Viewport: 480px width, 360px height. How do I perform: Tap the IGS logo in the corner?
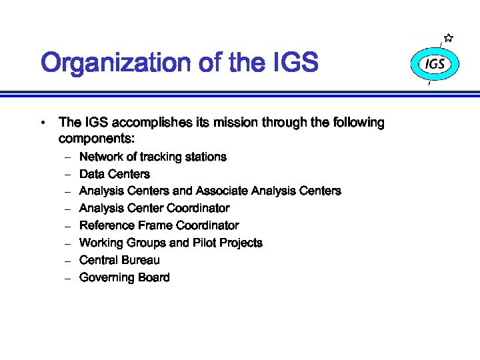[x=435, y=65]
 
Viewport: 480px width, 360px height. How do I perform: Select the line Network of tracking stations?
[x=153, y=157]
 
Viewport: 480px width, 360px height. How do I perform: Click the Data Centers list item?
[x=115, y=175]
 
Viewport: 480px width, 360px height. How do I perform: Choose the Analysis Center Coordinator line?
[x=154, y=209]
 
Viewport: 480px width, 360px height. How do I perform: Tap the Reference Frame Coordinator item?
[x=159, y=226]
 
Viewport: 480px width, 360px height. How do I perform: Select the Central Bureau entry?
[x=119, y=261]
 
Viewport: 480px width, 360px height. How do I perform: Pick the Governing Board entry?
[x=124, y=278]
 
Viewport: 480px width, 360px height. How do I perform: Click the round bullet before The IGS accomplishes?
[x=42, y=123]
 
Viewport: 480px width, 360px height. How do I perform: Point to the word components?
[x=97, y=140]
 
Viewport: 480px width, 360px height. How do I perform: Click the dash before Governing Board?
[x=67, y=279]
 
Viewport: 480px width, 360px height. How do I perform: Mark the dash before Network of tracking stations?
[x=67, y=158]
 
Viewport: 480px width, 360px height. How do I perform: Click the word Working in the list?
[x=101, y=243]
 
